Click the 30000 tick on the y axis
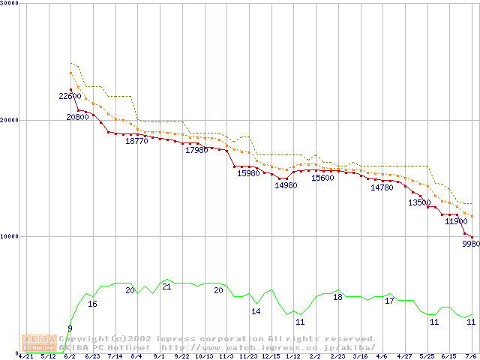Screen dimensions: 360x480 tap(10, 3)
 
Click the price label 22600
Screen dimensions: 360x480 tap(70, 96)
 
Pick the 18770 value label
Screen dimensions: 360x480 tap(136, 141)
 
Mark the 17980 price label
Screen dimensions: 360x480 tap(196, 151)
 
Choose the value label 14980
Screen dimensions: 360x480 tap(286, 185)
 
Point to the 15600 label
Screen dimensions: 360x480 tap(323, 178)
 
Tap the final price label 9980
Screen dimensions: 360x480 tap(470, 244)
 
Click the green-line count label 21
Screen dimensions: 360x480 tap(166, 286)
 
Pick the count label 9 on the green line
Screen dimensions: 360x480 tap(70, 328)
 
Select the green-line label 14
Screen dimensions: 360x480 tap(256, 311)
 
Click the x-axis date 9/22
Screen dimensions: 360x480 tap(181, 356)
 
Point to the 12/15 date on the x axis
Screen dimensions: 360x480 tap(270, 356)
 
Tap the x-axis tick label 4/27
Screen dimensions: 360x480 tap(404, 356)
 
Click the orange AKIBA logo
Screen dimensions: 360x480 tap(40, 343)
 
